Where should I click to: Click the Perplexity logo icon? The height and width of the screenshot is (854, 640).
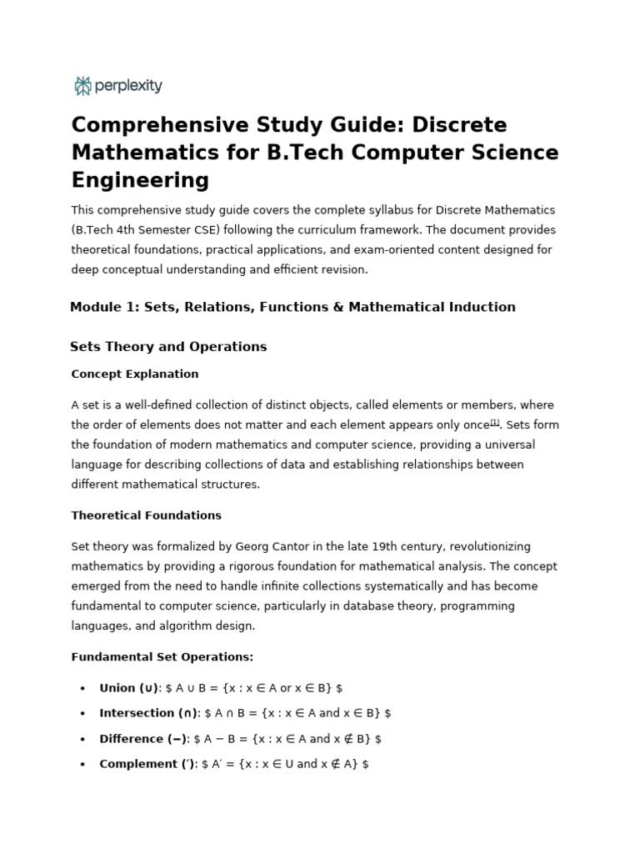(x=82, y=86)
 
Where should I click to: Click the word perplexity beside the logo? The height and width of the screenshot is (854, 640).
(x=128, y=86)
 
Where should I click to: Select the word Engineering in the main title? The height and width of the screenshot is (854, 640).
(x=140, y=180)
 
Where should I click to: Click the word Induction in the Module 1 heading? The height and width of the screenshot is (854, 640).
(x=475, y=307)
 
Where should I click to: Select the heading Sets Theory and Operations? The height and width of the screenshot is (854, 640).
(x=168, y=347)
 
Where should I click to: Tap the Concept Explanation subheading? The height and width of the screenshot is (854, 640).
(x=135, y=374)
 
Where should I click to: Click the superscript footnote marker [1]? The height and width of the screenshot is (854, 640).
(x=494, y=422)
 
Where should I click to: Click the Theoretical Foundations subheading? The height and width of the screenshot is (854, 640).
(x=147, y=515)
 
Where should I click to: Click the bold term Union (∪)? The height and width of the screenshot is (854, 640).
(x=128, y=688)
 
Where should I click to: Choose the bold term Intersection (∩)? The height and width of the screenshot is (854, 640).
(x=147, y=713)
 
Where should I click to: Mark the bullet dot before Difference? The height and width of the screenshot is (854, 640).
(x=82, y=739)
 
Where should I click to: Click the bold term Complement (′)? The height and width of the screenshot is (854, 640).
(x=147, y=764)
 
